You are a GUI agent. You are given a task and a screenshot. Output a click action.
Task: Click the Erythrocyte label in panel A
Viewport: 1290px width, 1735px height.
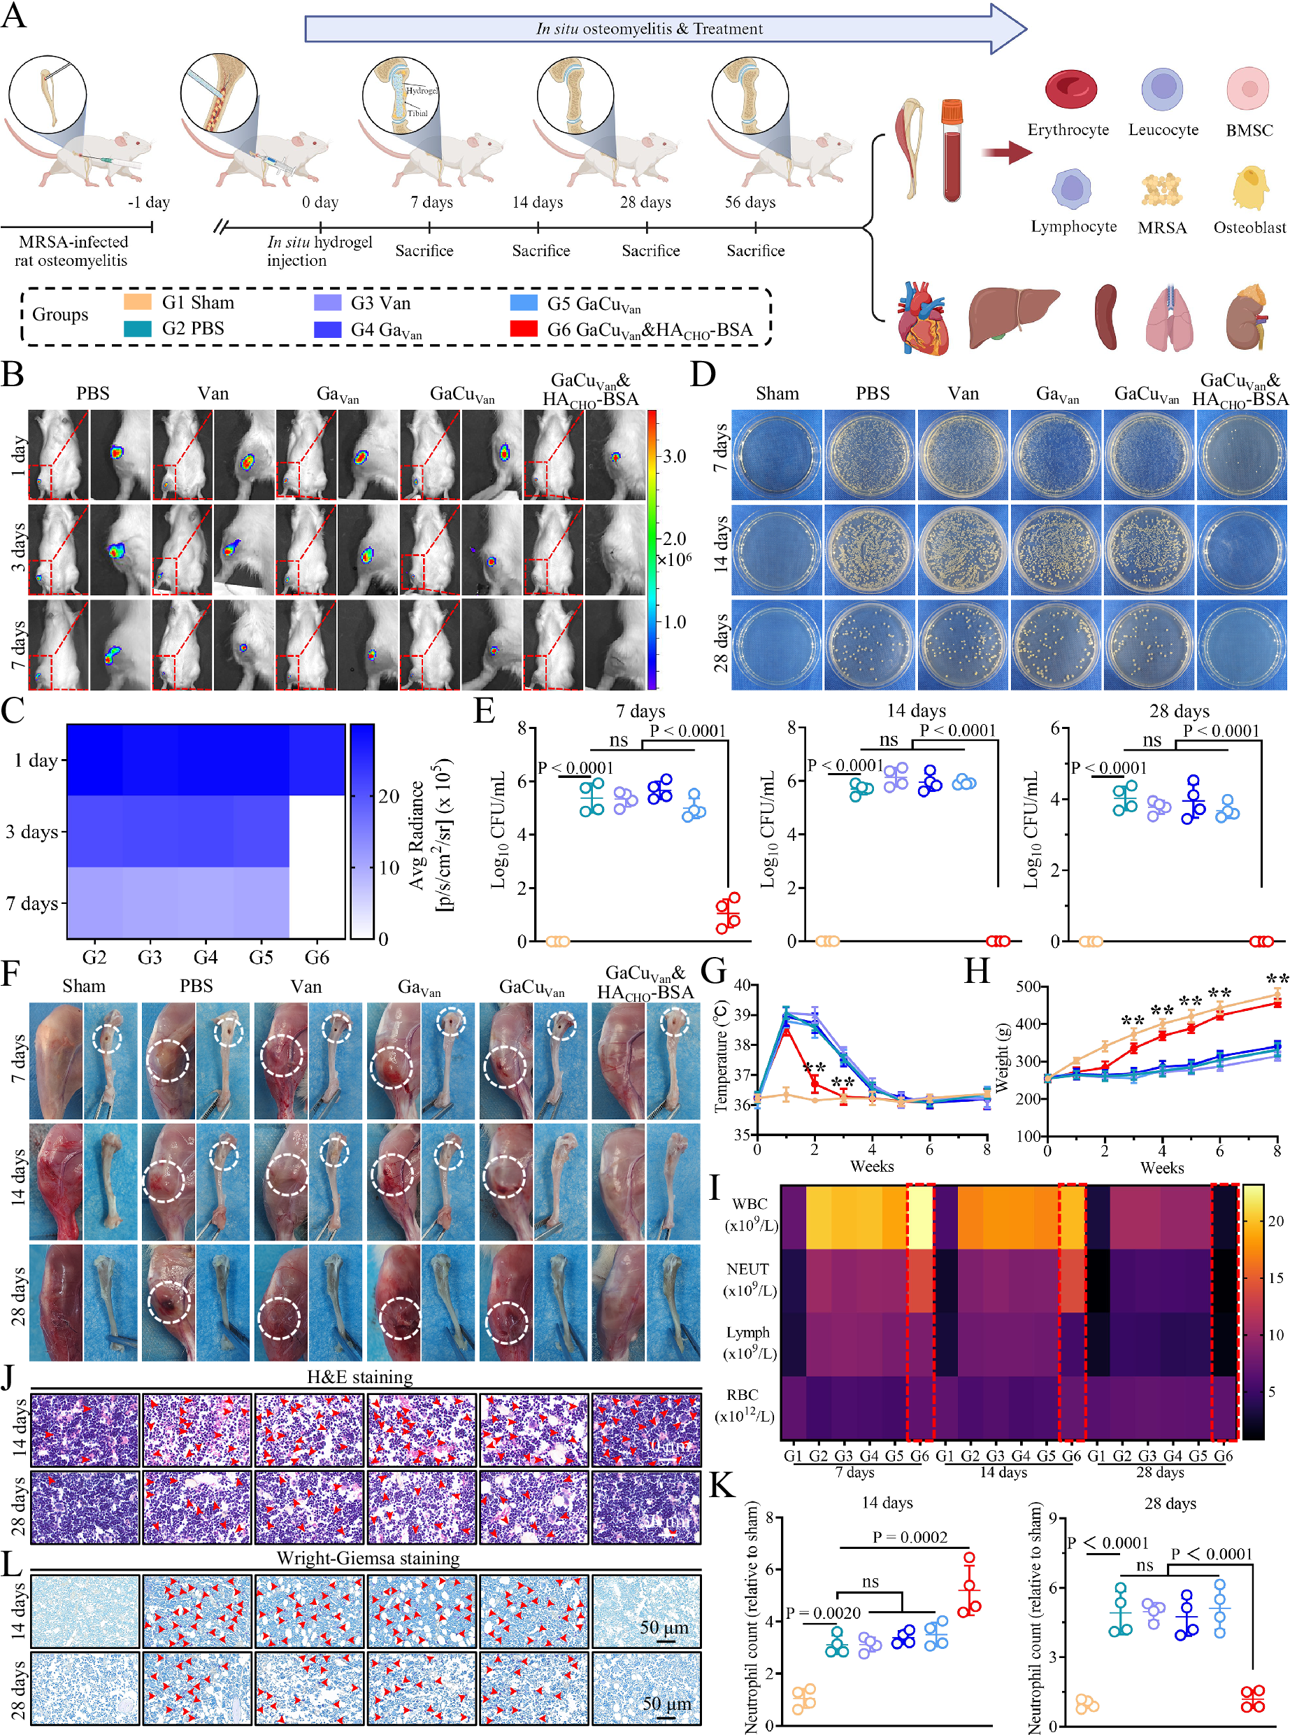pyautogui.click(x=1068, y=129)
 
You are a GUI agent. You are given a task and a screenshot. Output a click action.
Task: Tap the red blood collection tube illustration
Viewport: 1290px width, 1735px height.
pyautogui.click(x=951, y=153)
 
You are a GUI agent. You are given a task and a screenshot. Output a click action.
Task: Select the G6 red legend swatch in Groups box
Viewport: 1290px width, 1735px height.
pyautogui.click(x=523, y=329)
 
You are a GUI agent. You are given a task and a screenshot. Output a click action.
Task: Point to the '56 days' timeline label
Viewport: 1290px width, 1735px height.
pyautogui.click(x=750, y=202)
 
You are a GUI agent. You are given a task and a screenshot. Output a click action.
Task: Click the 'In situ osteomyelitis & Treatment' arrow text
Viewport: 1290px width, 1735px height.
pyautogui.click(x=649, y=29)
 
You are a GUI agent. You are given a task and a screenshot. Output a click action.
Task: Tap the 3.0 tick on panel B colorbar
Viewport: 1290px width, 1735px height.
pyautogui.click(x=674, y=456)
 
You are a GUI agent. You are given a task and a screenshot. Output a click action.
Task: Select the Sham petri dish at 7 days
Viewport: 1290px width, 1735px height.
pyautogui.click(x=776, y=455)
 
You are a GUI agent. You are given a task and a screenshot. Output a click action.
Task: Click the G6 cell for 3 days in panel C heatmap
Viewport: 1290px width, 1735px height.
pyautogui.click(x=317, y=831)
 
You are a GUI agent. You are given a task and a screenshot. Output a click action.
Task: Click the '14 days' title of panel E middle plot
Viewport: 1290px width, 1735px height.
pyautogui.click(x=915, y=711)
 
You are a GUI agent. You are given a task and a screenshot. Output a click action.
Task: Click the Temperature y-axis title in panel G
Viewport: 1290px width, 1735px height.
pyautogui.click(x=720, y=1057)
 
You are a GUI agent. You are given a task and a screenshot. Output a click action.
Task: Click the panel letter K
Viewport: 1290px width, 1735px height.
pyautogui.click(x=722, y=1485)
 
